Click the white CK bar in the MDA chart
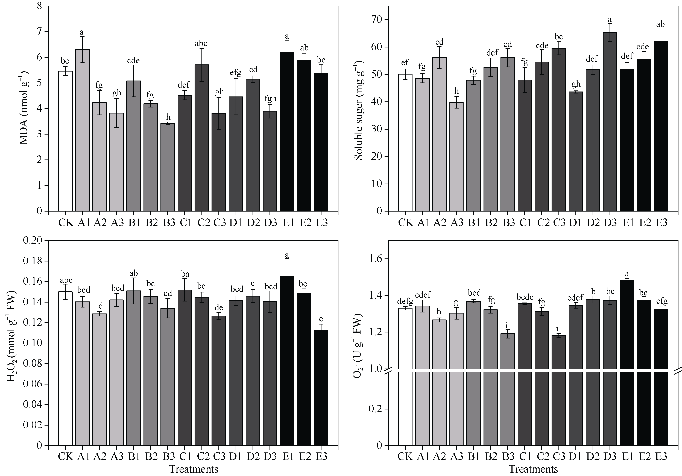65,141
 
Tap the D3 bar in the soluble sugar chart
610,122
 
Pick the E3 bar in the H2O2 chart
321,388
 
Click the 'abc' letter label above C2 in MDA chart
201,44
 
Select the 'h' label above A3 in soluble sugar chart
456,91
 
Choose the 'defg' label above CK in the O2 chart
405,302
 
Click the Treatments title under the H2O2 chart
194,469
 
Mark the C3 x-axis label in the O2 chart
559,456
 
